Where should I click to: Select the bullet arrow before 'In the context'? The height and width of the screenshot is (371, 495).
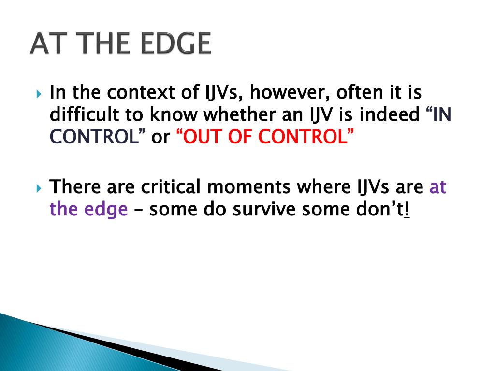tap(39, 94)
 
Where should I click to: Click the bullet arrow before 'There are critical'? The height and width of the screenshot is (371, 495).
tap(39, 188)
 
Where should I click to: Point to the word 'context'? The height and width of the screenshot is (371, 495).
tap(141, 92)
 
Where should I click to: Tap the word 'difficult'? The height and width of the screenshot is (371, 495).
tap(84, 114)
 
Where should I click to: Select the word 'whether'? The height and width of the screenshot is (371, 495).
tap(239, 114)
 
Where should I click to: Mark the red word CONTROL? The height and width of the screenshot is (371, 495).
tap(303, 136)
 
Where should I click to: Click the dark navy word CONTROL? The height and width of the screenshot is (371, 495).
tap(94, 136)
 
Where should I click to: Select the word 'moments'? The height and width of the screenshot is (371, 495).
tap(248, 187)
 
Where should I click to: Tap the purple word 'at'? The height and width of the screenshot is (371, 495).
tap(437, 187)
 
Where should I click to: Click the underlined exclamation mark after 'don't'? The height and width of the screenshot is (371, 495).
tap(407, 209)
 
